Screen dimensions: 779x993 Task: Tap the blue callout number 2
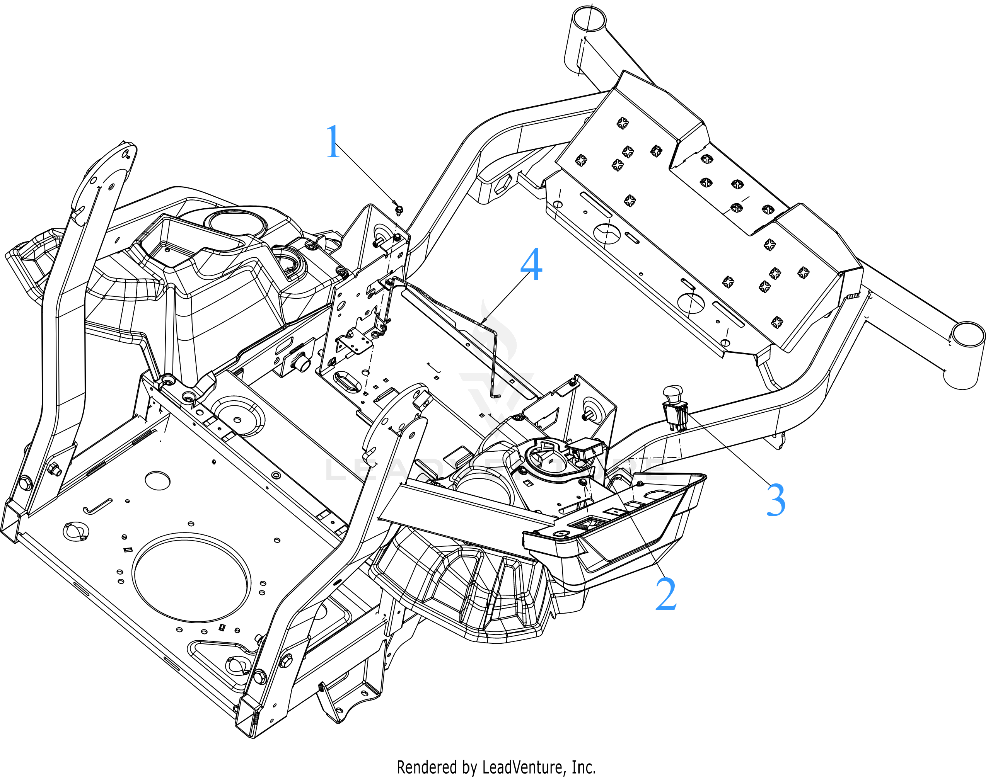(x=666, y=594)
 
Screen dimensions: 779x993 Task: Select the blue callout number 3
(x=776, y=500)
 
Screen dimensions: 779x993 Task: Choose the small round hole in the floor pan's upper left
(x=157, y=480)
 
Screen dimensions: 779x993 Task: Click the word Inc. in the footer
(x=584, y=767)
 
